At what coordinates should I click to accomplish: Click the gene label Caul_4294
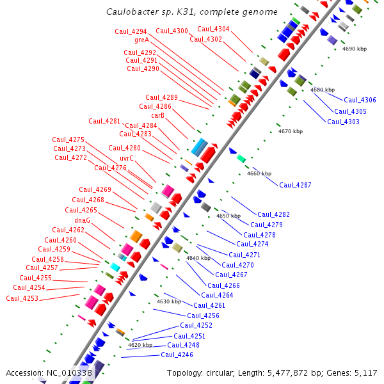coord(131,31)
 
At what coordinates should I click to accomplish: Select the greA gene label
coord(141,40)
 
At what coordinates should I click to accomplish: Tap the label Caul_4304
coord(213,29)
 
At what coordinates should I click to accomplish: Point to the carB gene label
coord(157,115)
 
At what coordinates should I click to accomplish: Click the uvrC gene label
coord(127,158)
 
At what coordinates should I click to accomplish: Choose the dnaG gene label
coord(82,220)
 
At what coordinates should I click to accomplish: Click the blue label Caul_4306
coord(360,100)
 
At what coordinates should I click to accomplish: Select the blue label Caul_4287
coord(295,185)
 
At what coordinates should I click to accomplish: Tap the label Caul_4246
coord(177,355)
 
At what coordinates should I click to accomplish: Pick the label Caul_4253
coord(22,298)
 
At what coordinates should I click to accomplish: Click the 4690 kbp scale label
coord(355,49)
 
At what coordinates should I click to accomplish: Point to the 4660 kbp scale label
coord(259,173)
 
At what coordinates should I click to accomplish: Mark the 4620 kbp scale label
coord(140,345)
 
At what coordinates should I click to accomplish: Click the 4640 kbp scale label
coord(198,258)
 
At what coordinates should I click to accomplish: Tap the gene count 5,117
coord(365,373)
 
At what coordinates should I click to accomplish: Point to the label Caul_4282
coord(273,214)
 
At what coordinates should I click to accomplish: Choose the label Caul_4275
coord(68,140)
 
